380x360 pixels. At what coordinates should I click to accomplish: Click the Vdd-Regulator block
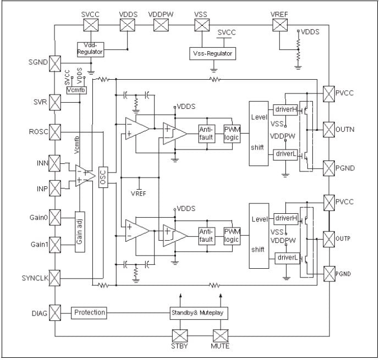click(x=90, y=48)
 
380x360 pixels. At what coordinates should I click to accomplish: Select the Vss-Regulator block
click(x=212, y=54)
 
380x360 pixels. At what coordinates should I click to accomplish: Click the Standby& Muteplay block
click(x=199, y=313)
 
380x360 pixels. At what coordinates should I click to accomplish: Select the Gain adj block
click(x=80, y=232)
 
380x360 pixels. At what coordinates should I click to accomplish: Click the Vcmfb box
click(x=76, y=90)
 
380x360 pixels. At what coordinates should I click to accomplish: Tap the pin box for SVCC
click(x=90, y=25)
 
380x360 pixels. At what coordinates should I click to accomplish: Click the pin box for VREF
click(x=280, y=25)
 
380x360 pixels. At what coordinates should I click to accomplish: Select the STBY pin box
click(x=180, y=335)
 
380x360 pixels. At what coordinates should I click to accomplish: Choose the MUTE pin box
click(x=221, y=335)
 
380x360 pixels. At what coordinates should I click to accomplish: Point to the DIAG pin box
click(x=56, y=313)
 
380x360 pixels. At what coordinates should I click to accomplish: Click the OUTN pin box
click(x=328, y=130)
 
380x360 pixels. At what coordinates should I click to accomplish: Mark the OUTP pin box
click(x=328, y=239)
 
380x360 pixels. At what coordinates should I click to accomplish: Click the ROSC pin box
click(x=56, y=131)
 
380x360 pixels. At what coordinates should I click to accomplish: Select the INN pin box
click(x=56, y=163)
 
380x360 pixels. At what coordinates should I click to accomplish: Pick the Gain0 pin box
click(x=56, y=216)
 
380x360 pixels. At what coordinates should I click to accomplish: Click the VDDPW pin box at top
click(x=161, y=25)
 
